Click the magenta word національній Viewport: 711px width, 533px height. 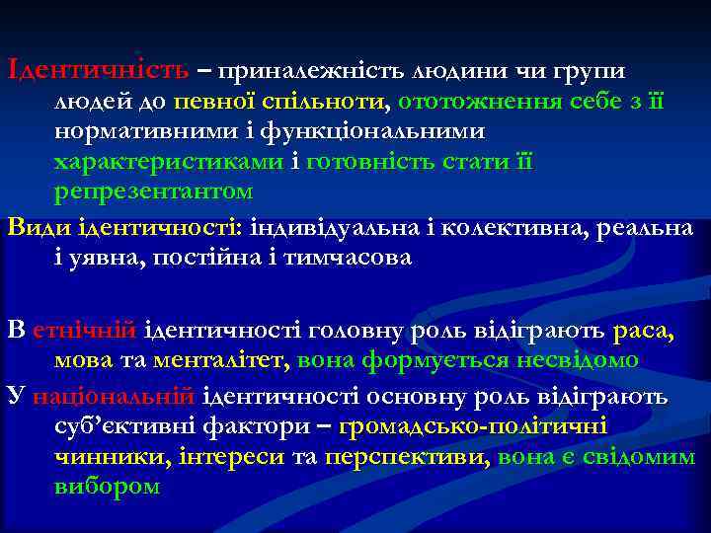click(x=114, y=397)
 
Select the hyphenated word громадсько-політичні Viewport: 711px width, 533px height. click(x=473, y=426)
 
